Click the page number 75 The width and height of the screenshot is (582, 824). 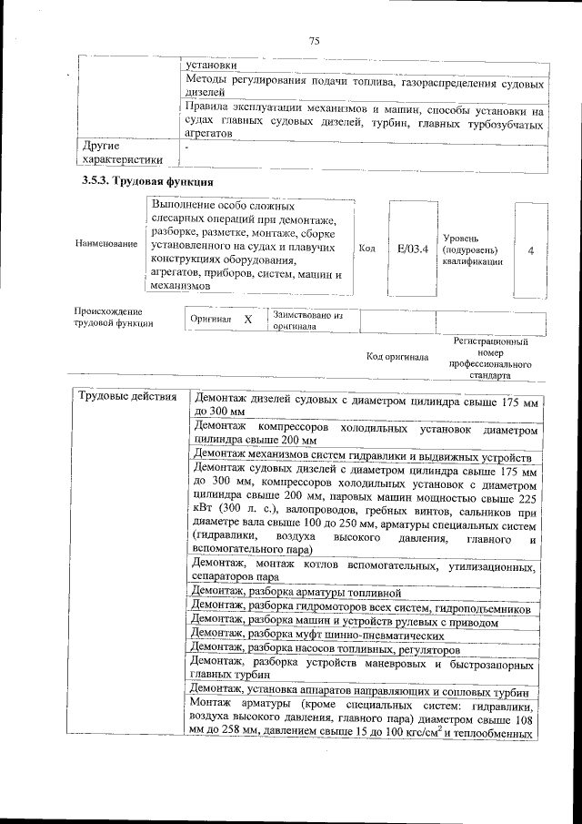(x=315, y=40)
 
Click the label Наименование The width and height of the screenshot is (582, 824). (x=107, y=245)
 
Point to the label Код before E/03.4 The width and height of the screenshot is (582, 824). (x=367, y=249)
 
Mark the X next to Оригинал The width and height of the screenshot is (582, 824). (x=247, y=321)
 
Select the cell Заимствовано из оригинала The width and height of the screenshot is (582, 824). (x=307, y=320)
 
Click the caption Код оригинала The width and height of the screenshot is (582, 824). (x=396, y=357)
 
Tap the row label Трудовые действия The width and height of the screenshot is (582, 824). (x=127, y=398)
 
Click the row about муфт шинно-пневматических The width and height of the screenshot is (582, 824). (x=318, y=636)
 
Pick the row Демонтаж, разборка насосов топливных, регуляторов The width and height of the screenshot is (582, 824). (x=326, y=650)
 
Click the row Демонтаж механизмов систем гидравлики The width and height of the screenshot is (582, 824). (x=361, y=455)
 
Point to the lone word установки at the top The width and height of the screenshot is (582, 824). (x=211, y=66)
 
